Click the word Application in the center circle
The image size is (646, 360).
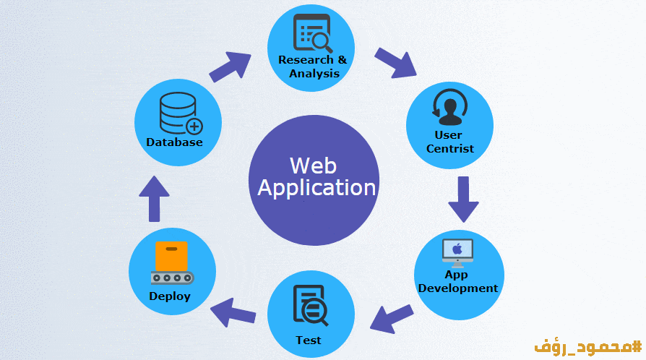pos(316,188)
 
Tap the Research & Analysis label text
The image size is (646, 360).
pos(312,67)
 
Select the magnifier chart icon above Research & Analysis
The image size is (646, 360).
pos(311,33)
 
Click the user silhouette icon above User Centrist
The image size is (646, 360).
pos(449,108)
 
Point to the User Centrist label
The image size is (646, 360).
pos(449,142)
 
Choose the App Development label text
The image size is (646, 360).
pos(458,281)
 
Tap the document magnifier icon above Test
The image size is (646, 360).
pos(310,307)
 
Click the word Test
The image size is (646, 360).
pos(309,340)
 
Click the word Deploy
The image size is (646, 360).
pos(170,296)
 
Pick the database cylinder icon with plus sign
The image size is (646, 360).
pos(180,115)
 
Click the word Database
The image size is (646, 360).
pos(174,142)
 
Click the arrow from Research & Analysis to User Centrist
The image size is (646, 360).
pos(396,63)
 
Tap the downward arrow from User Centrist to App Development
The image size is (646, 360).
pos(463,198)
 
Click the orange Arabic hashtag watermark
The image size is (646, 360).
pos(587,344)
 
